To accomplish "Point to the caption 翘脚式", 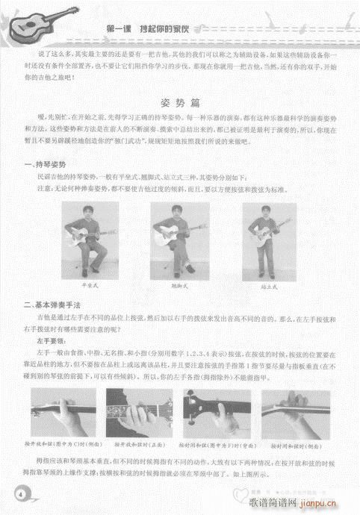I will tap(179, 286).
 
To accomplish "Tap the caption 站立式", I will tap(270, 286).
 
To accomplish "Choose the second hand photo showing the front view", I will tap(141, 412).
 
